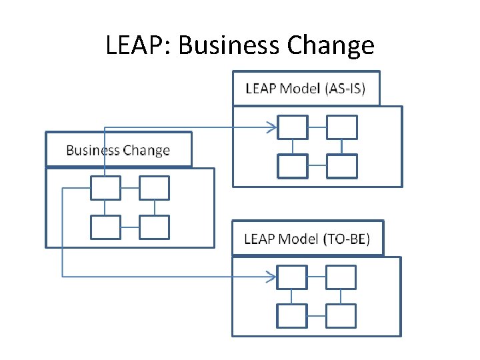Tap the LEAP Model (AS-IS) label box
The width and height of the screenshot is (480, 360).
click(306, 89)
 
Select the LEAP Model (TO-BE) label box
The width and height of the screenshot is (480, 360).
click(307, 238)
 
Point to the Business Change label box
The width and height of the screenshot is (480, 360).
click(118, 150)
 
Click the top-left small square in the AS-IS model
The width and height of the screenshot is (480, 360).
click(293, 127)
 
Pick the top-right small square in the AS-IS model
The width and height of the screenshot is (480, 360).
click(342, 127)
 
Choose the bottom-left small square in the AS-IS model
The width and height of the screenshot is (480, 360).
click(293, 166)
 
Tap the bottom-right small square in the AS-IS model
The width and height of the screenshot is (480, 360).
click(342, 166)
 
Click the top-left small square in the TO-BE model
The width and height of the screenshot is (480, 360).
click(293, 276)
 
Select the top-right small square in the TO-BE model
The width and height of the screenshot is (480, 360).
click(341, 276)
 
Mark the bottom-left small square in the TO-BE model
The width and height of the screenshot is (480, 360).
click(293, 315)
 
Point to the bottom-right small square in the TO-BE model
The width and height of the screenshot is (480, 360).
click(341, 315)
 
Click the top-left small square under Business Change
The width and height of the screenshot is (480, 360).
click(105, 188)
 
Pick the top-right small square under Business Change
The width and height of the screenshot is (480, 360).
click(155, 188)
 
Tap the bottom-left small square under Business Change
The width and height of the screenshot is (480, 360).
click(105, 227)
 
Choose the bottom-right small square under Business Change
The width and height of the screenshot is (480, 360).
click(155, 227)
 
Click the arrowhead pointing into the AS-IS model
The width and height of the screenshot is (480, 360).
click(272, 127)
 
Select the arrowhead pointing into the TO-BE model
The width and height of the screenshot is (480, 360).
click(272, 276)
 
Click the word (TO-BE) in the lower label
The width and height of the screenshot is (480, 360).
click(345, 239)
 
